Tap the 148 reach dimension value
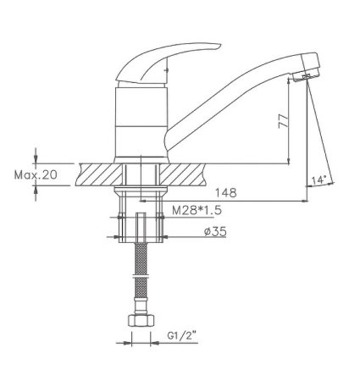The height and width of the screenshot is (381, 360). [x=226, y=193]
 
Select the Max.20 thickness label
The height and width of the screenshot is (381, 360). [x=36, y=175]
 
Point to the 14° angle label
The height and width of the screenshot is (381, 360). [x=319, y=179]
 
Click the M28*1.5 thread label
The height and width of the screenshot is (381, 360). [x=197, y=210]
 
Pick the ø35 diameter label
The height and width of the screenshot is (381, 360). [x=215, y=232]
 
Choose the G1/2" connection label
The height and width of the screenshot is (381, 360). [x=182, y=335]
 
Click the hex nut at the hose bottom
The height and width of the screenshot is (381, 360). [x=141, y=320]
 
